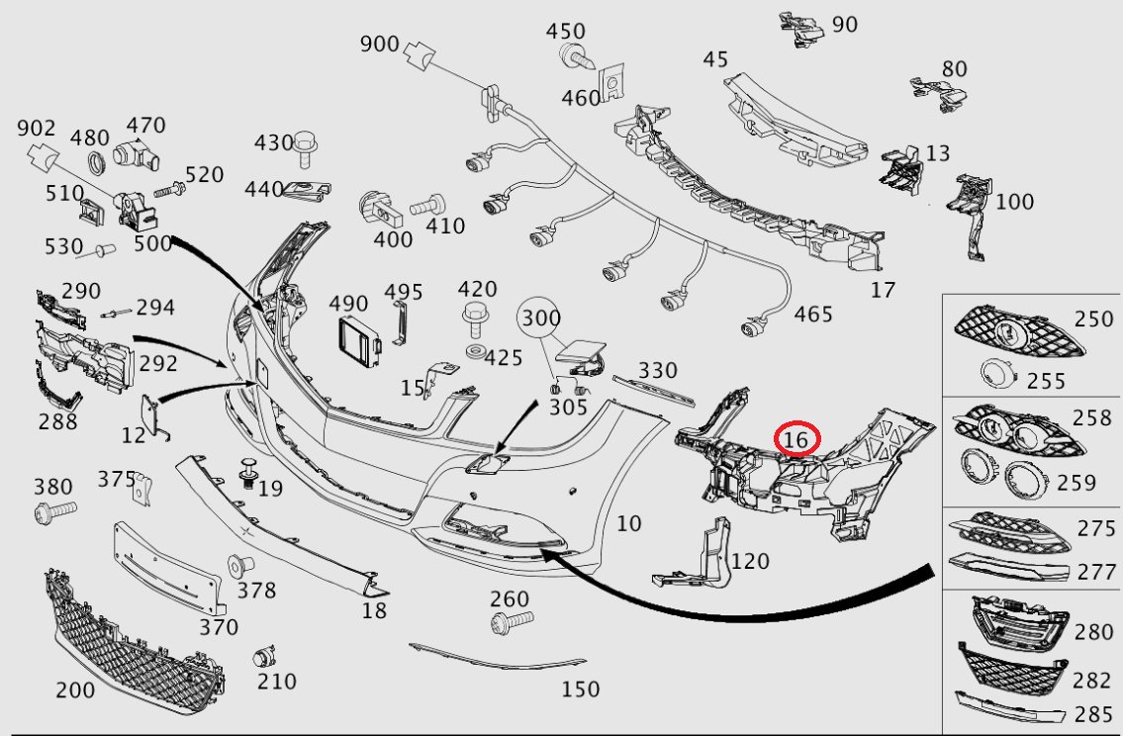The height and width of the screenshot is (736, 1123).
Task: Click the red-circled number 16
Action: (795, 438)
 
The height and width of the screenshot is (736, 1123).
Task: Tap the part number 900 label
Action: (379, 43)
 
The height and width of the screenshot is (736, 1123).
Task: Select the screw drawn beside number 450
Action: (577, 55)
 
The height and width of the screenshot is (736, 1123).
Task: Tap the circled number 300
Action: (541, 318)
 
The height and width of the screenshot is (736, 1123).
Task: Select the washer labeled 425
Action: (473, 353)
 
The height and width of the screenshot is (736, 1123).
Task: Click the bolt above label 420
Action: (473, 320)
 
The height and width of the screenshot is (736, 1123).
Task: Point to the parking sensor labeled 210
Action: (264, 657)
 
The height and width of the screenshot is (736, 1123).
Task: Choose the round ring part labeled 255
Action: (997, 373)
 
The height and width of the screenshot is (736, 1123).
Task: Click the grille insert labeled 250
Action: (1018, 332)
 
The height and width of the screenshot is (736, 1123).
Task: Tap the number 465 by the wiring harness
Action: (813, 315)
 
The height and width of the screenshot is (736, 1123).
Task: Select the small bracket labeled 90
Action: (802, 29)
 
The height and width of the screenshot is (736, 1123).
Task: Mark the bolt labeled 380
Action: (55, 511)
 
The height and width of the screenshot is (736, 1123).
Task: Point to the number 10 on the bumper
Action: (628, 523)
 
